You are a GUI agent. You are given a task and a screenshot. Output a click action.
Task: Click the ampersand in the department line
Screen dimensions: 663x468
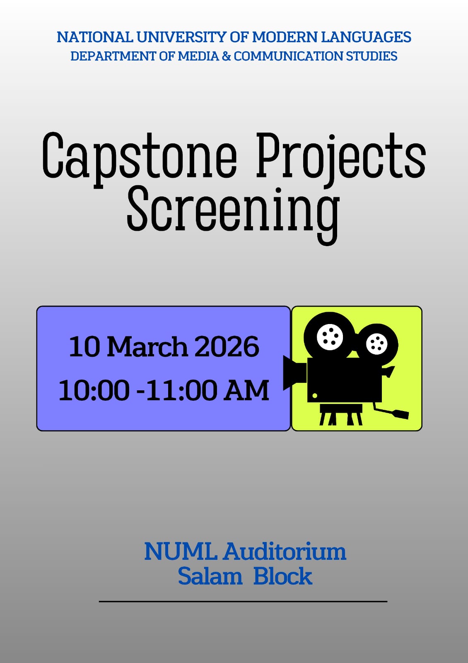tap(226, 56)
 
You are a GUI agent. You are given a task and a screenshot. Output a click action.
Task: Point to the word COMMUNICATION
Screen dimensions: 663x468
tap(288, 56)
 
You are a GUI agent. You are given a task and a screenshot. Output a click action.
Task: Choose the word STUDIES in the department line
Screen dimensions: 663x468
tap(372, 56)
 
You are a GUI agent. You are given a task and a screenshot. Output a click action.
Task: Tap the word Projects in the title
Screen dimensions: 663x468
tap(340, 157)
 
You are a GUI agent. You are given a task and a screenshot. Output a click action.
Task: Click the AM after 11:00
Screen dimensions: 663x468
tap(246, 390)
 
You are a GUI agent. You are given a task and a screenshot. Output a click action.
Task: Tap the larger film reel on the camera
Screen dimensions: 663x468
tap(330, 336)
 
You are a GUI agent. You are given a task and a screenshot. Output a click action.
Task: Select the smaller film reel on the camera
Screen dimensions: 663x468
tap(377, 344)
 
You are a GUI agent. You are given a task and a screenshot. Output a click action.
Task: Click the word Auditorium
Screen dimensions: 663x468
tap(285, 552)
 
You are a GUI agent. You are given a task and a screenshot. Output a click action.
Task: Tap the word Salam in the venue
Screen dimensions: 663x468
tap(210, 576)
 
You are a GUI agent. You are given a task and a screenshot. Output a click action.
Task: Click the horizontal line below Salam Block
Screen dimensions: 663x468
tap(243, 601)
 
